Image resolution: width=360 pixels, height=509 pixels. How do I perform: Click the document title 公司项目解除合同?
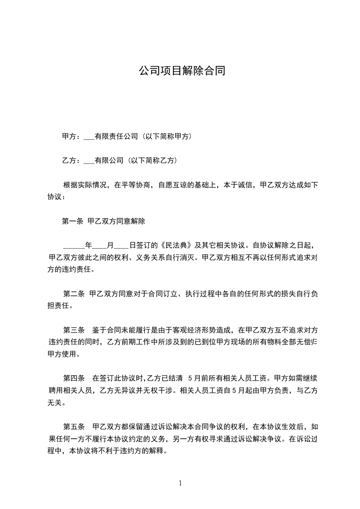point(182,71)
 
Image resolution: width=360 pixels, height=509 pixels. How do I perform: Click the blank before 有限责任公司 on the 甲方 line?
point(89,137)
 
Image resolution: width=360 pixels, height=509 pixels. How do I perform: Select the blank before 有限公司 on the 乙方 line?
point(89,161)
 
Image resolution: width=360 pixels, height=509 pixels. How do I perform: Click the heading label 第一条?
point(72,222)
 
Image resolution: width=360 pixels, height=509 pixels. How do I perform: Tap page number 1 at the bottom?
point(180,484)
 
